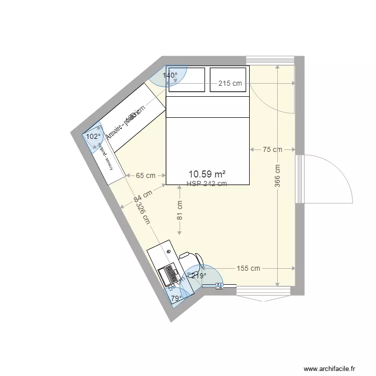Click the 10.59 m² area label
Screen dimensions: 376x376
(x=207, y=174)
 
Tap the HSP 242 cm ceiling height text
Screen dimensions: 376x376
(x=207, y=183)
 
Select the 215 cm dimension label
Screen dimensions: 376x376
(x=230, y=84)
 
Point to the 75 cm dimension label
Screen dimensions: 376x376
(x=273, y=149)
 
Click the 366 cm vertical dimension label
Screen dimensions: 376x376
(x=278, y=176)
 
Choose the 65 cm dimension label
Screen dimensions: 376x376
(x=146, y=175)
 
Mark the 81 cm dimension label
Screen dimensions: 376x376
(x=179, y=211)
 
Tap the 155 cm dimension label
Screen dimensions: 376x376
(x=248, y=268)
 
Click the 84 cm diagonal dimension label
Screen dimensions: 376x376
(x=143, y=196)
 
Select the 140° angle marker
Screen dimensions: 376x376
(x=170, y=76)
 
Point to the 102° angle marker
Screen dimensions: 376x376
(x=93, y=136)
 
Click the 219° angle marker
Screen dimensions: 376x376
(x=199, y=276)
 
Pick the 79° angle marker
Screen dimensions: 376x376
(x=176, y=299)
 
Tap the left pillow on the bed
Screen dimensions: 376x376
(x=186, y=79)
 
